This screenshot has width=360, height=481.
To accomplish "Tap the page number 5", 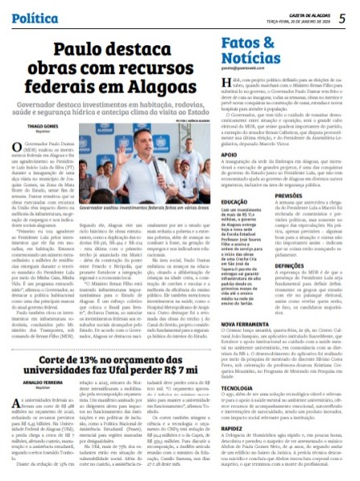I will (341, 16).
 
